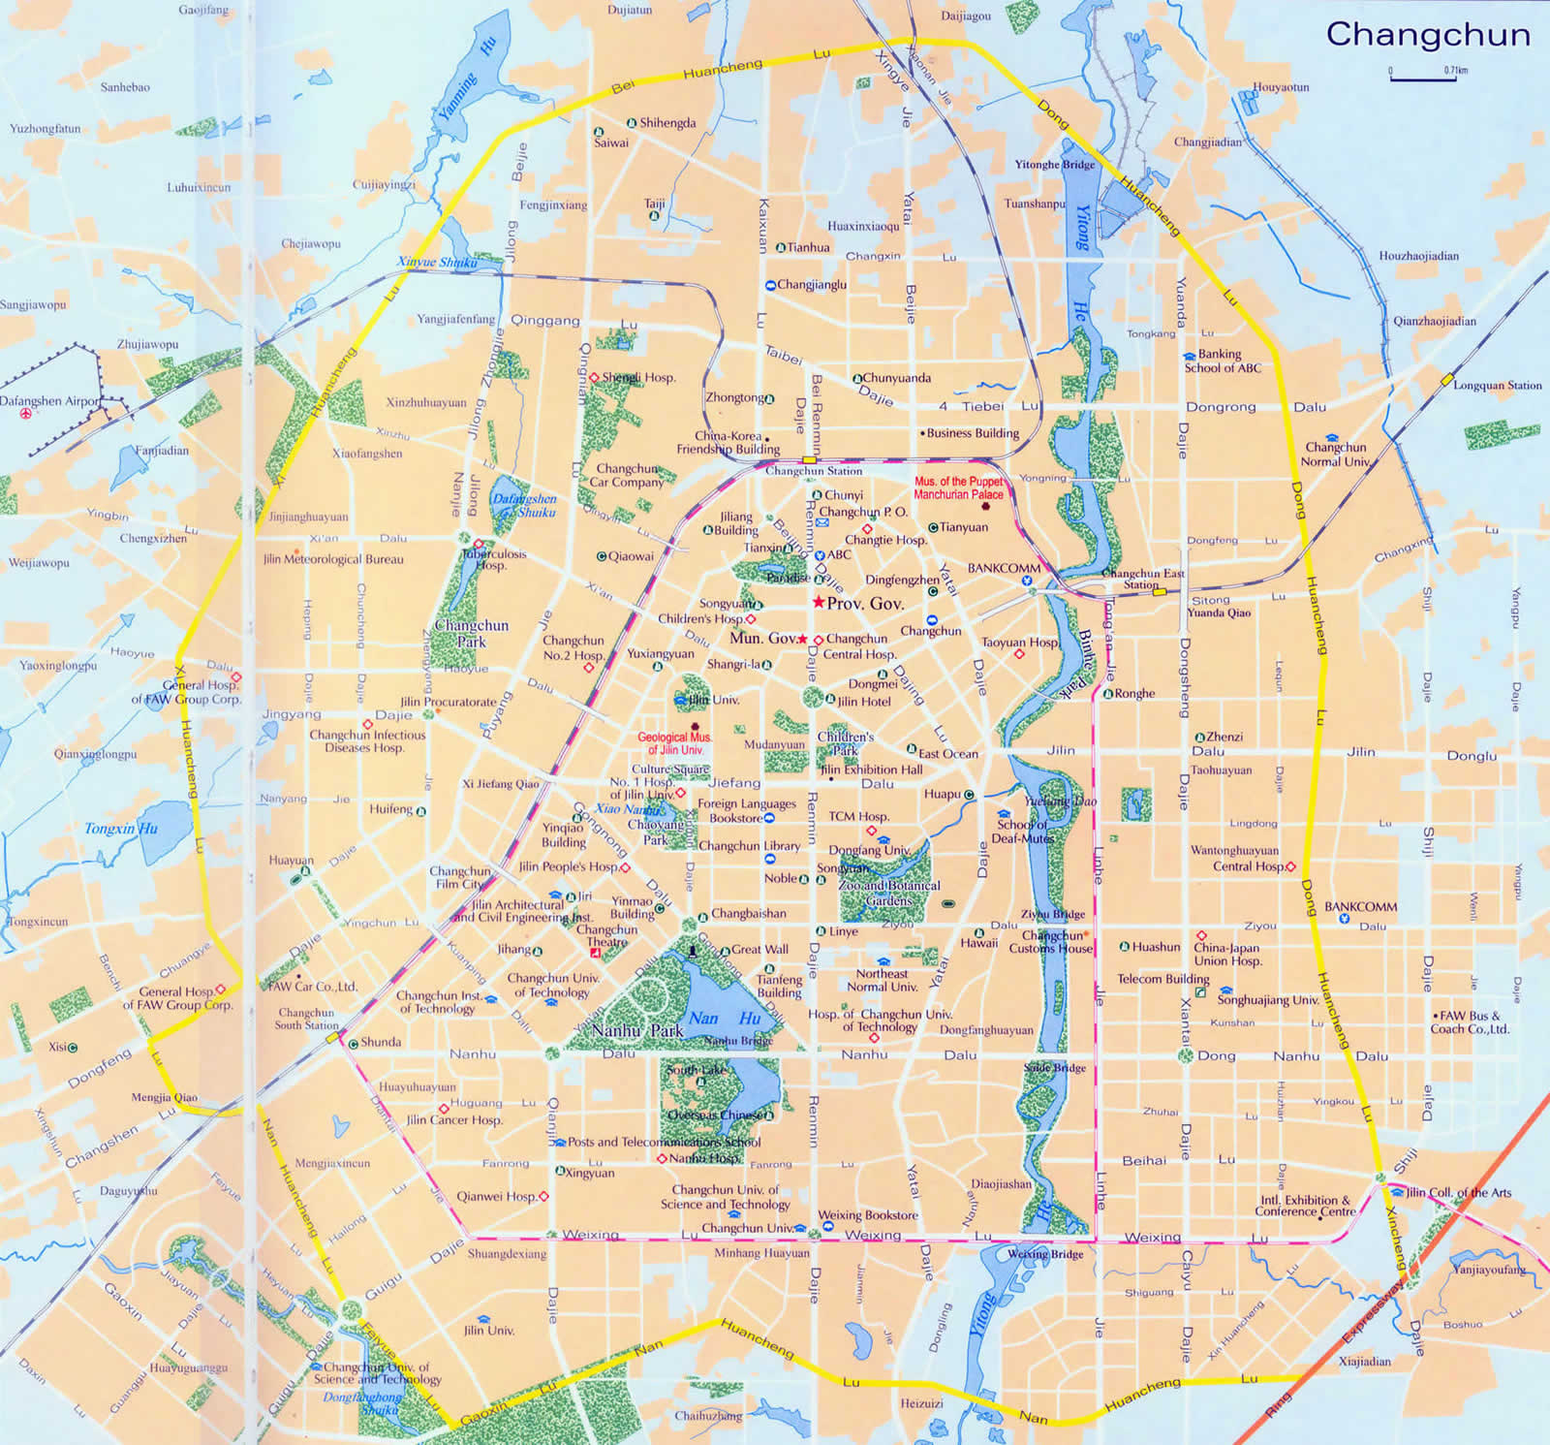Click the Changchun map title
click(1428, 35)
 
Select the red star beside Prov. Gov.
click(819, 603)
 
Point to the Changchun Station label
click(814, 471)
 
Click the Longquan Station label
click(1497, 386)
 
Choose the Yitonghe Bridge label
click(1054, 165)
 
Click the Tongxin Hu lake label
click(120, 829)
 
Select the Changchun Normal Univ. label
click(1335, 455)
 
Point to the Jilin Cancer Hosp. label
click(454, 1119)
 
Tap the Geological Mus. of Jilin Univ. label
click(674, 743)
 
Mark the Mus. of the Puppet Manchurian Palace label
click(958, 487)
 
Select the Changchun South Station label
click(306, 1019)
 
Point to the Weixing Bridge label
click(1045, 1254)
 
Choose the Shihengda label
click(667, 123)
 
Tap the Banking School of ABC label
click(1223, 361)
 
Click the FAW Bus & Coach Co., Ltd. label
click(1470, 1022)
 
